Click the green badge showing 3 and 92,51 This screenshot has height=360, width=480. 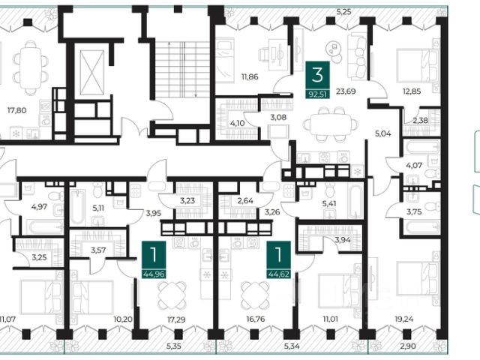[x=318, y=80]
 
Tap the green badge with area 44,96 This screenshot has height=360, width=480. [x=154, y=259]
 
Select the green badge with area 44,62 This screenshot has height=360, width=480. [x=278, y=259]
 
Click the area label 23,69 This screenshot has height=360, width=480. [x=346, y=91]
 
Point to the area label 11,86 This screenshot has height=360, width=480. [x=250, y=76]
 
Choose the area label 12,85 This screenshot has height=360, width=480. [x=412, y=91]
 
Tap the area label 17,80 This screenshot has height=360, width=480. [x=16, y=110]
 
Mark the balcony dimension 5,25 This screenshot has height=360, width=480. [x=343, y=12]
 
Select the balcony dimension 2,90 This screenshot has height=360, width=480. [x=408, y=346]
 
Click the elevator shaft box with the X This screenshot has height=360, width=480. [x=91, y=73]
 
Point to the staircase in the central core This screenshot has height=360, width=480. [x=182, y=69]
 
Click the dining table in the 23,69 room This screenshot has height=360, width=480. [x=330, y=124]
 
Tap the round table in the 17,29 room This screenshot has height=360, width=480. [x=172, y=295]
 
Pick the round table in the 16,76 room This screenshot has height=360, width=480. [x=256, y=295]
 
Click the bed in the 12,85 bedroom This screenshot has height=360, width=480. [x=418, y=65]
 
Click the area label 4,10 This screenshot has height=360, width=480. [x=237, y=123]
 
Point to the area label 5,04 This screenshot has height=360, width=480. [x=383, y=133]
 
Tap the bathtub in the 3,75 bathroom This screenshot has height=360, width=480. [x=421, y=227]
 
